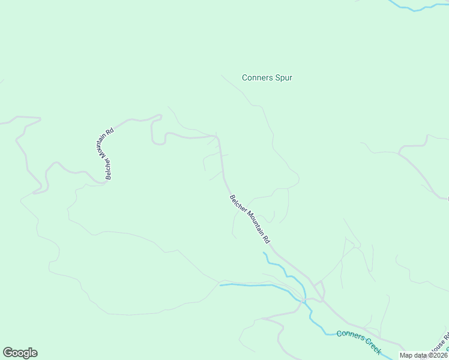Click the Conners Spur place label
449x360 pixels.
pos(267,77)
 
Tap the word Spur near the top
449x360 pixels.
pos(283,77)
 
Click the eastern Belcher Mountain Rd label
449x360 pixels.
pos(250,218)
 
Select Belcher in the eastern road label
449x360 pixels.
pos(235,202)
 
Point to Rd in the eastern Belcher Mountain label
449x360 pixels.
pos(266,238)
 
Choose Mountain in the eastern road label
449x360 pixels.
pos(252,221)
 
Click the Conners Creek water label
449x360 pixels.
pos(358,342)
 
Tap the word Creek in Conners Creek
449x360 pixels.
pos(372,347)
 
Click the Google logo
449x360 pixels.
pos(20,353)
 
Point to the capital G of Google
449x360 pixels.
pos(8,352)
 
